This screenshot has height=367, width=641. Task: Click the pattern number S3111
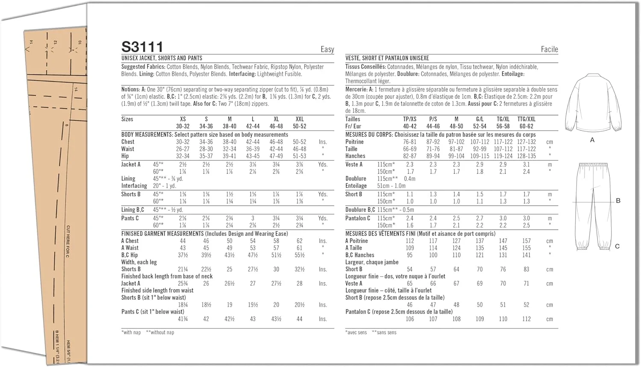[x=142, y=47]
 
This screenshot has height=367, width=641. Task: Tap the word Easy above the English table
[x=327, y=50]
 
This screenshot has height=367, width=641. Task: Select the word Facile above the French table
[x=549, y=50]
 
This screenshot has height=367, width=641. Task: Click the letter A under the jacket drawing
[x=592, y=140]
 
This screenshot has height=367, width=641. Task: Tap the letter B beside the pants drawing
[x=618, y=201]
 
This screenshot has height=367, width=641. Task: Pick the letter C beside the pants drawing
[x=617, y=246]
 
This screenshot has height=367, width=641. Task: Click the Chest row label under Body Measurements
[x=128, y=142]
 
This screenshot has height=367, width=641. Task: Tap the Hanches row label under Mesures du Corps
[x=355, y=156]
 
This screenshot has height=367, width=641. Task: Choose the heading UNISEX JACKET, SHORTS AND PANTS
[x=162, y=58]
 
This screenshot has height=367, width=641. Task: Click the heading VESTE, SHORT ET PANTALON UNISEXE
[x=387, y=58]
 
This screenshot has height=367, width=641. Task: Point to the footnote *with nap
[x=131, y=332]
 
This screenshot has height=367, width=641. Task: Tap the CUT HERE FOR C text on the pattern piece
[x=68, y=242]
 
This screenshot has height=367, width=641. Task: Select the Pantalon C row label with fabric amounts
[x=358, y=218]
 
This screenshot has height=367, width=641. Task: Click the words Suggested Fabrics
[x=143, y=67]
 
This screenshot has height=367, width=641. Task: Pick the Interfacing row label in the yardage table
[x=134, y=186]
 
